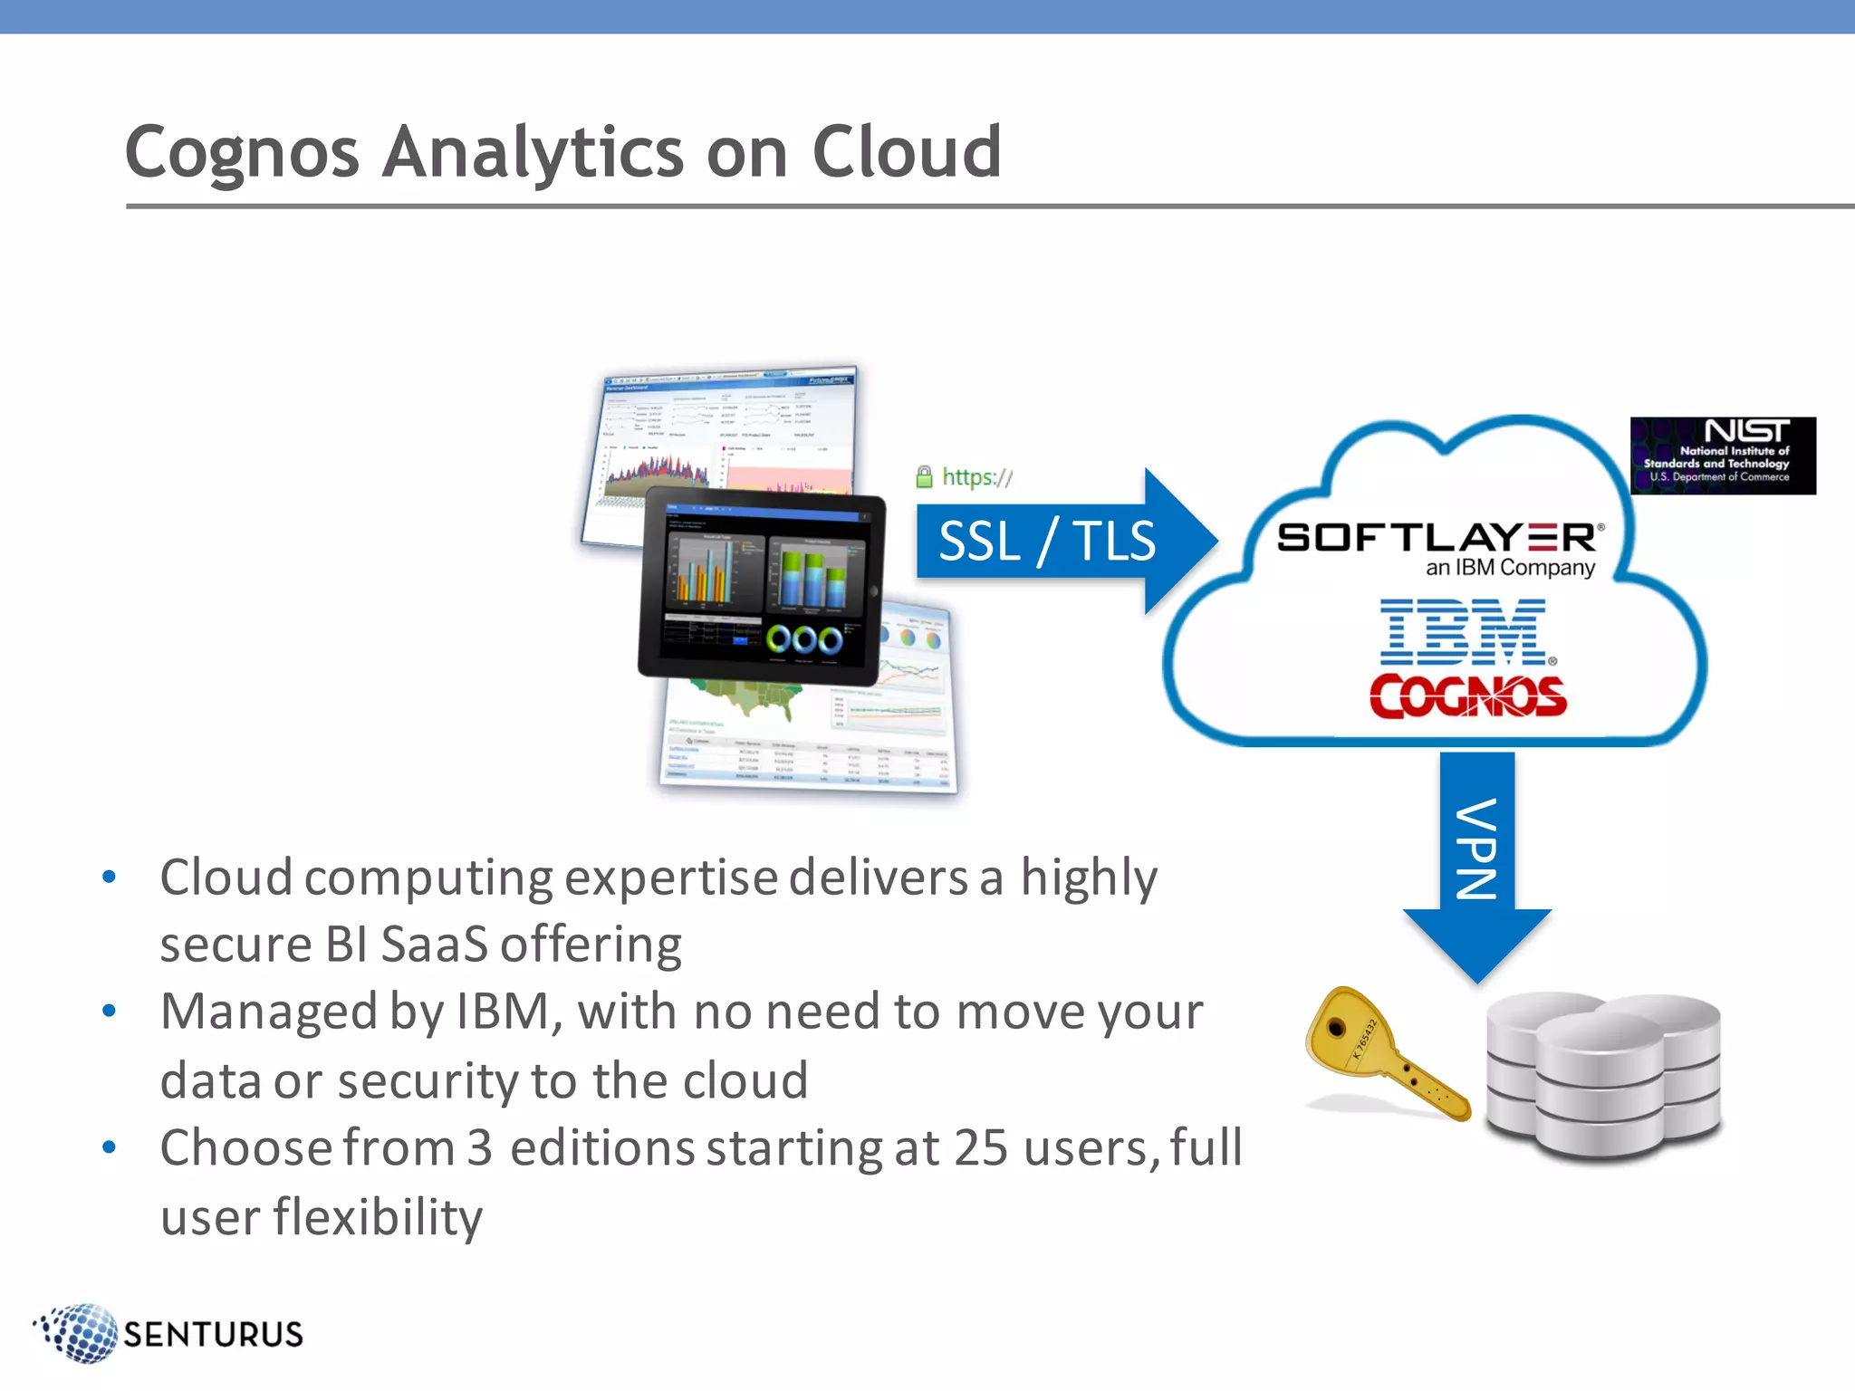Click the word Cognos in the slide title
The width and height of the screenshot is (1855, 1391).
242,153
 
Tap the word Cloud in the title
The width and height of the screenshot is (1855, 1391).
907,151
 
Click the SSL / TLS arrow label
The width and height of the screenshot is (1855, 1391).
1046,542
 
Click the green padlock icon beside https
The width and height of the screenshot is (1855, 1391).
924,476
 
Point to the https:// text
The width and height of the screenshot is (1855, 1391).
977,476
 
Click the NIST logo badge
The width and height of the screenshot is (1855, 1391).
1722,456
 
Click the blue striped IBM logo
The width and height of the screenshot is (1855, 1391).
1464,631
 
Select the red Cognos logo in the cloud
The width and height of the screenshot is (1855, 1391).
1467,696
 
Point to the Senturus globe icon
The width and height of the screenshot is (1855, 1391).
80,1333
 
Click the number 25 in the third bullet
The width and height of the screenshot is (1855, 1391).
980,1148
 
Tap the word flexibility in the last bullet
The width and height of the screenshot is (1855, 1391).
378,1216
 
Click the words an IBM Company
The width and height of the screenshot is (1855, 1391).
1510,569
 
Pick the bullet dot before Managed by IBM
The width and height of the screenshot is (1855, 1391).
110,1012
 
